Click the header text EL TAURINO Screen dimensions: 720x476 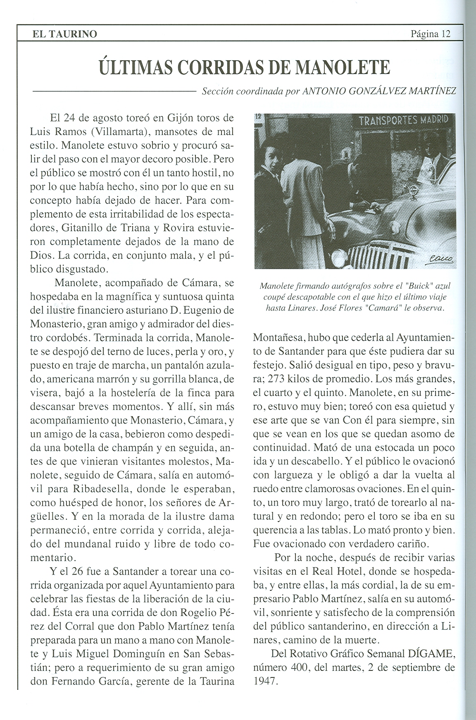(65, 34)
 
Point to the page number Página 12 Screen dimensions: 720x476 (430, 34)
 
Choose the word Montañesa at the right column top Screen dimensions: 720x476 (278, 337)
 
